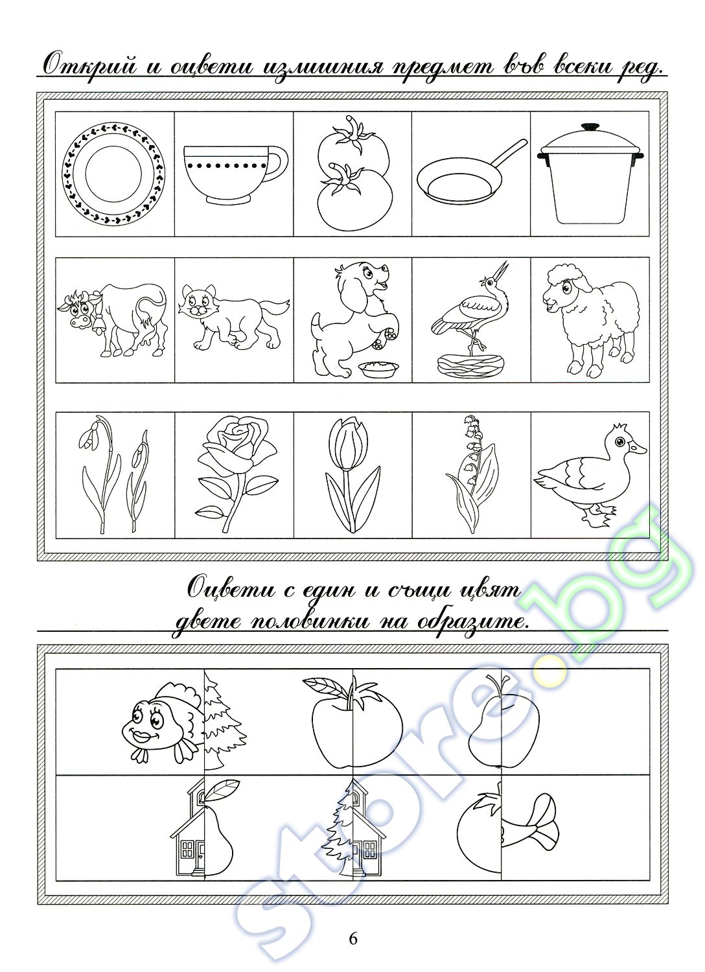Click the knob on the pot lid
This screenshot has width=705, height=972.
(590, 127)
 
